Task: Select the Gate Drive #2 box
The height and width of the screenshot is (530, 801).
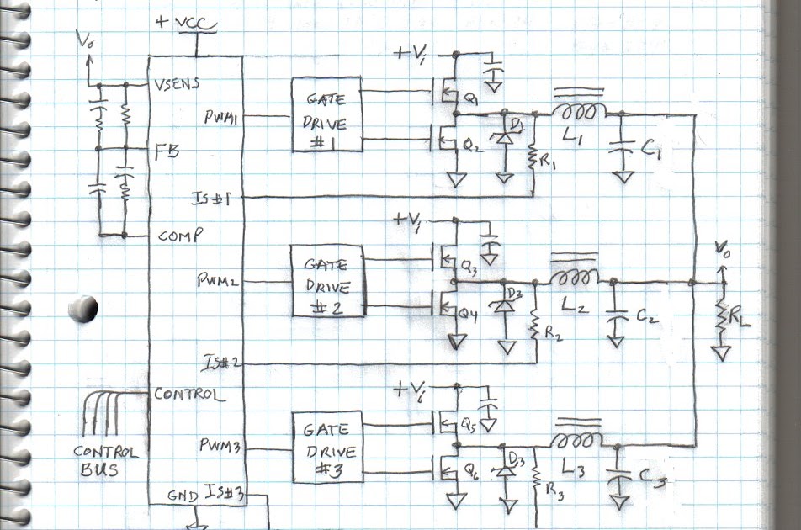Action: (328, 281)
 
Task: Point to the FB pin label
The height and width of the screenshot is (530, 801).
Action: (164, 152)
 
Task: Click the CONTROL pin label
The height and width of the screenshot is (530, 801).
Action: (189, 394)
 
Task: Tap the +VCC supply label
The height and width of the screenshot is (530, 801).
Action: (184, 23)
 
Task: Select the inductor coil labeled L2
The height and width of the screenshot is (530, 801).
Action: (575, 278)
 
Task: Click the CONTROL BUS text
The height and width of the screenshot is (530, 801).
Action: (104, 460)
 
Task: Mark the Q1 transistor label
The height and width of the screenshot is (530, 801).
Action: (471, 100)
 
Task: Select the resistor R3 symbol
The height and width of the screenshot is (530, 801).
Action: (537, 480)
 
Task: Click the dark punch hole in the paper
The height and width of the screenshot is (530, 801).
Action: (83, 309)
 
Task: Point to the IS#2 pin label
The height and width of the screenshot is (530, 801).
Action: (221, 363)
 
